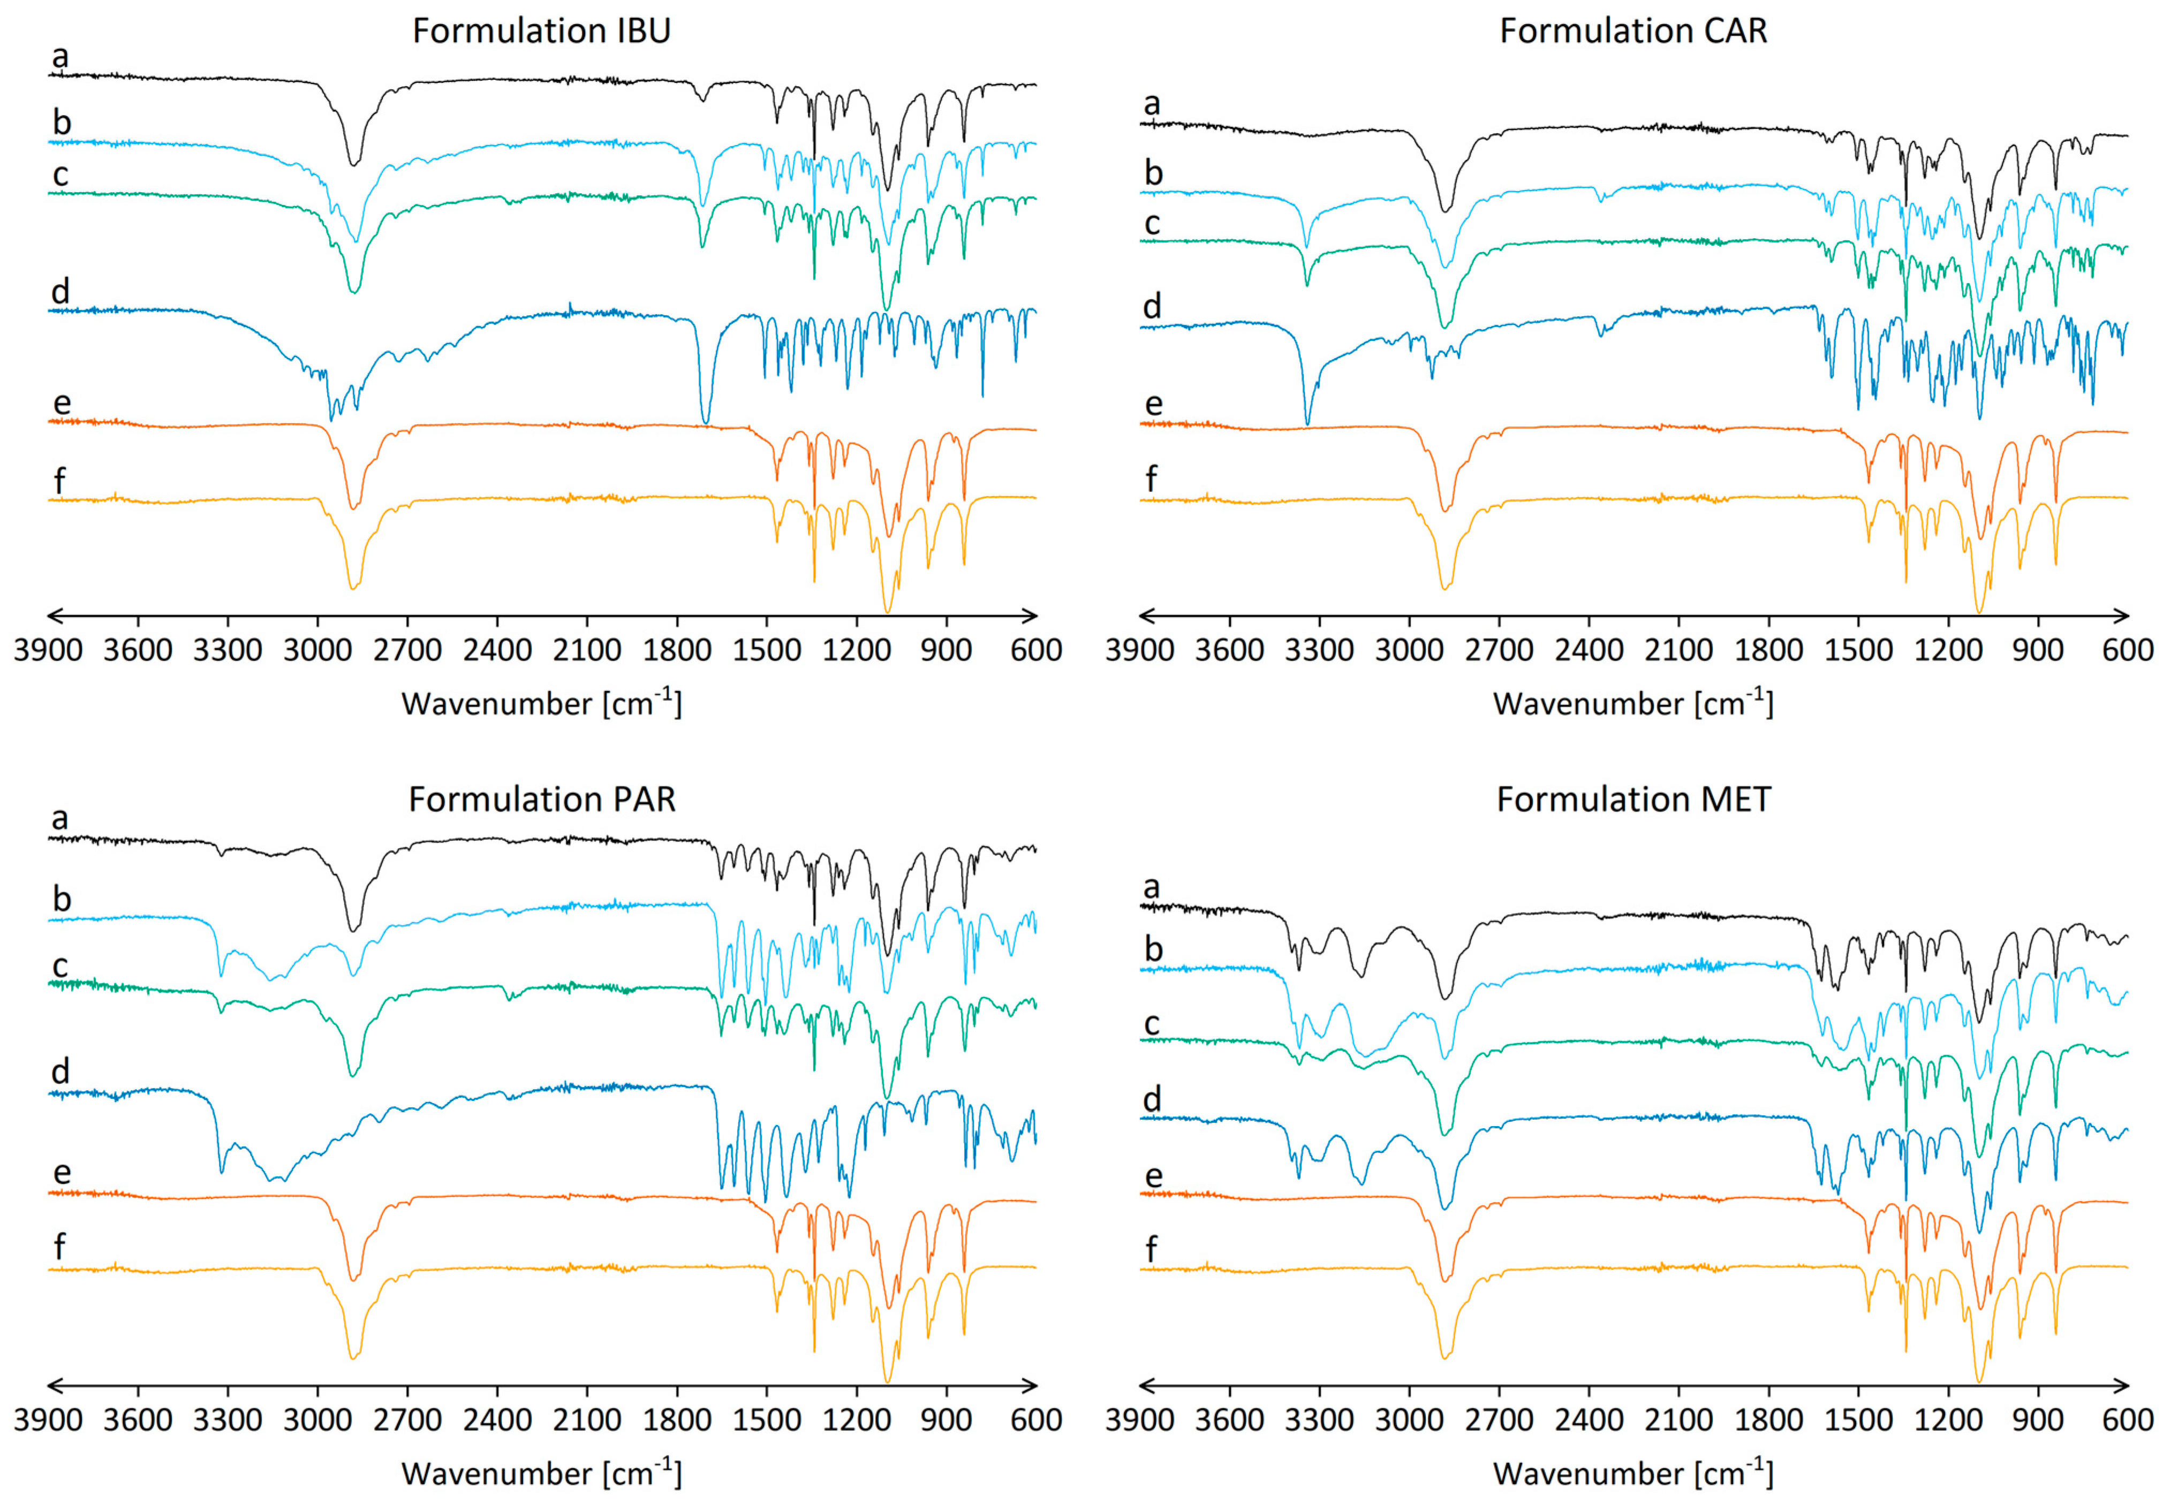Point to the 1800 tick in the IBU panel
tap(677, 649)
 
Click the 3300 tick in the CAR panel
tap(1320, 649)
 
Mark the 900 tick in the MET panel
tap(2038, 1419)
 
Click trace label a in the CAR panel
tap(1152, 104)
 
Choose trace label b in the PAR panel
tap(61, 899)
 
